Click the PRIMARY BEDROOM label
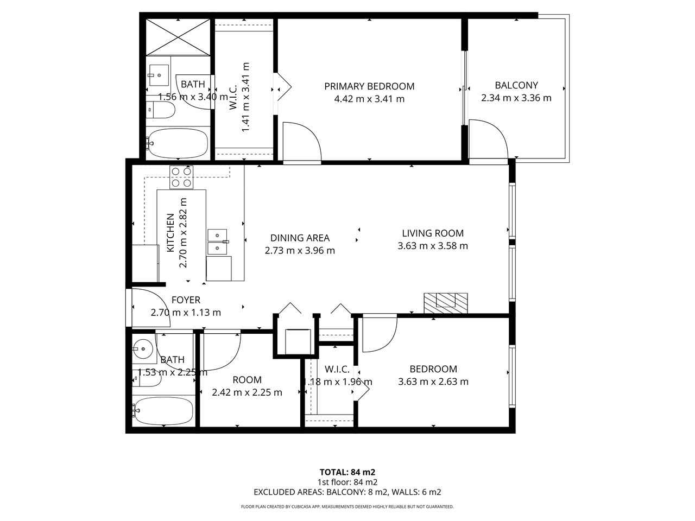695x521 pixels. coord(369,86)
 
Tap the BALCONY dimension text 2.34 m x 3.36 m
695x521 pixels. coord(516,98)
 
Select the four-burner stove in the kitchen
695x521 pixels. coord(181,177)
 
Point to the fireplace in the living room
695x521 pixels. coord(445,302)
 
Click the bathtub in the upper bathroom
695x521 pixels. coord(177,143)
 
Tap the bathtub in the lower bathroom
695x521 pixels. coord(163,410)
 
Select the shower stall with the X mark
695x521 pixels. coord(178,36)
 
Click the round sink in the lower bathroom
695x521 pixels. coord(143,348)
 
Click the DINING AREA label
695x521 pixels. coord(300,238)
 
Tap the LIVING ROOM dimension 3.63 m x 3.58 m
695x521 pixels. coord(433,246)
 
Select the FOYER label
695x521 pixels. coord(186,300)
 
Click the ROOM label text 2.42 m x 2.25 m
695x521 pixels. coord(247,392)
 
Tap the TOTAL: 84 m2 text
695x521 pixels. coord(347,472)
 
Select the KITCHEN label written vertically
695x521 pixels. coord(170,232)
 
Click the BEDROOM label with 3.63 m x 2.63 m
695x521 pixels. coord(433,369)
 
